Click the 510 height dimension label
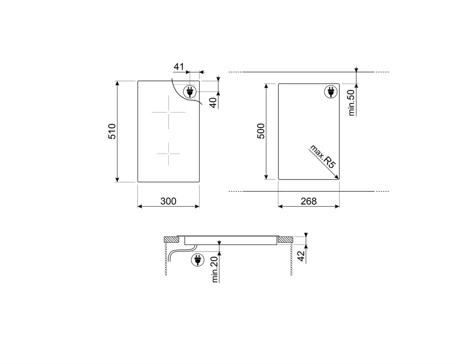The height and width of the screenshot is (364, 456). tap(112, 132)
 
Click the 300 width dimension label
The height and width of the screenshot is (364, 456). tap(168, 201)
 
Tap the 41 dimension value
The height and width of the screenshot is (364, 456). tap(179, 67)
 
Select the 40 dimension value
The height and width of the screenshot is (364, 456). tap(213, 103)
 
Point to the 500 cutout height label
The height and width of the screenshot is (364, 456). tap(261, 131)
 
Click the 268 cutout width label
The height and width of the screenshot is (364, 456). tap(309, 201)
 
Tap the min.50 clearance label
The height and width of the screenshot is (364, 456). tap(351, 103)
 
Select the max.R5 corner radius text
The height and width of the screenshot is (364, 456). tap(322, 156)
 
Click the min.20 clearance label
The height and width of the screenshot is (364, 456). tap(215, 269)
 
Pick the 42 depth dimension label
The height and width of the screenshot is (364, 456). tap(301, 256)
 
